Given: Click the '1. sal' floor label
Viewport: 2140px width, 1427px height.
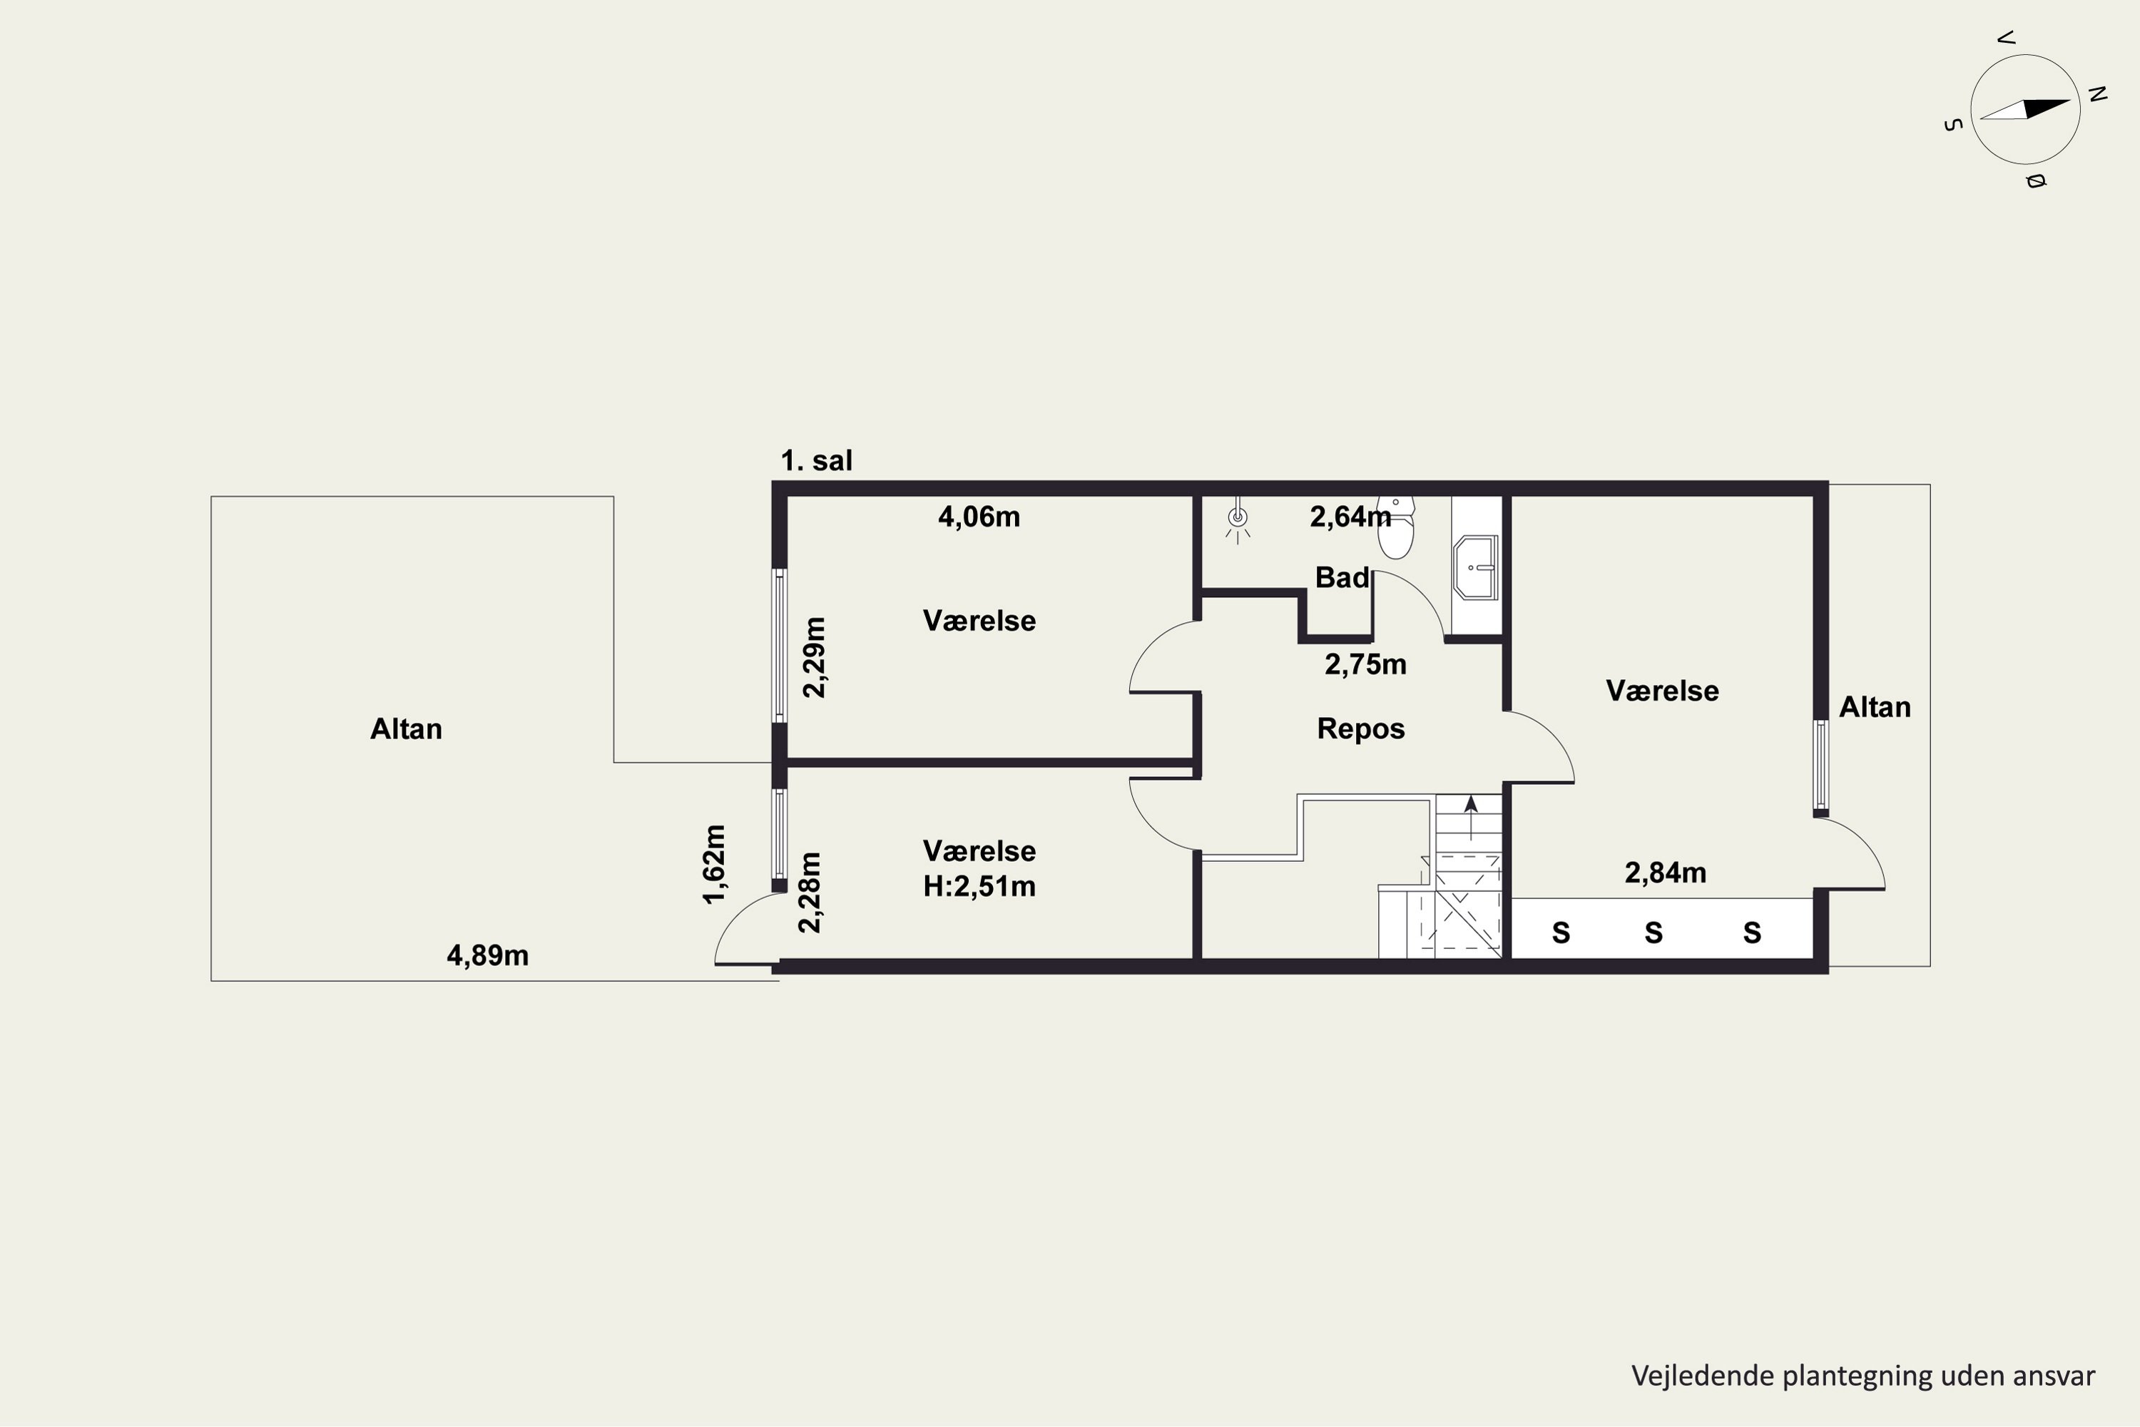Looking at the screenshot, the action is [x=816, y=460].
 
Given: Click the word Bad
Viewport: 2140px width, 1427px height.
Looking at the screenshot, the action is [x=1342, y=577].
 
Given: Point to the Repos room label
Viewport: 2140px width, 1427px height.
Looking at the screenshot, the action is [x=1361, y=729].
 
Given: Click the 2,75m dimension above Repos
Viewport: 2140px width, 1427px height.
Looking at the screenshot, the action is [x=1366, y=665].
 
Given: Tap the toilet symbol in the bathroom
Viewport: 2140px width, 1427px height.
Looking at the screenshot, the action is [x=1396, y=527].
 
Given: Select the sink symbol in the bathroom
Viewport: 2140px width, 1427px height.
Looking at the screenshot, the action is [x=1476, y=568].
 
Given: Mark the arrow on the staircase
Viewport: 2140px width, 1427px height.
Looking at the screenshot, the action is [x=1470, y=817].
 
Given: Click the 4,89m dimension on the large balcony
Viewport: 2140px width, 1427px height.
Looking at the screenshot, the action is [x=488, y=955].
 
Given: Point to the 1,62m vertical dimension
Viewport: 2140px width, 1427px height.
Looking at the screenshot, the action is [x=715, y=865].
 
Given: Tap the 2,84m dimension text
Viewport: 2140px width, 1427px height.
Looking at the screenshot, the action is [x=1665, y=873].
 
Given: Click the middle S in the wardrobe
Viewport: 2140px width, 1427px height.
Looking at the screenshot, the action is [x=1654, y=933].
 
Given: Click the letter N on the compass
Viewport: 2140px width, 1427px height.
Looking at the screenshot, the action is [x=2097, y=93].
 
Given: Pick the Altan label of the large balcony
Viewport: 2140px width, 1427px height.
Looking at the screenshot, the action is [x=406, y=729].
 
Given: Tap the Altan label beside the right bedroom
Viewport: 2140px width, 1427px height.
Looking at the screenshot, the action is [x=1875, y=707].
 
